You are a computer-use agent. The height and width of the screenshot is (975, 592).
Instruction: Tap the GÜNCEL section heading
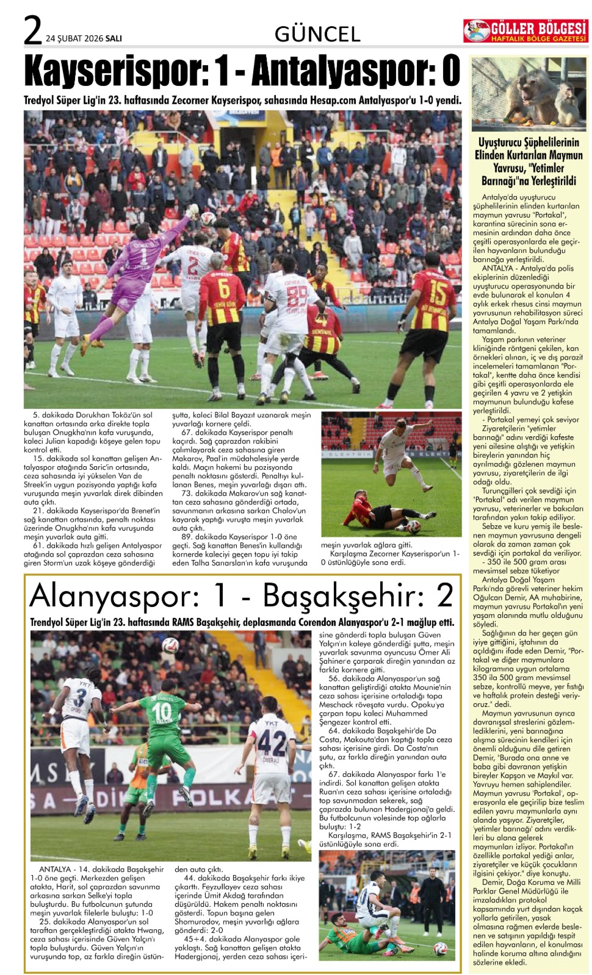click(x=317, y=35)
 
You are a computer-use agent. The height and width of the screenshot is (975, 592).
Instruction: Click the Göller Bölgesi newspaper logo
click(x=525, y=31)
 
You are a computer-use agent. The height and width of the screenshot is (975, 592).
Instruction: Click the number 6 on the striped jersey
click(x=223, y=290)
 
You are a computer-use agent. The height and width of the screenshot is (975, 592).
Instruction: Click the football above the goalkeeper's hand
click(x=208, y=219)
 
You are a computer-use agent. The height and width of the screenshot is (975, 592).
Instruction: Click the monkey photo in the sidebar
click(x=529, y=94)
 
